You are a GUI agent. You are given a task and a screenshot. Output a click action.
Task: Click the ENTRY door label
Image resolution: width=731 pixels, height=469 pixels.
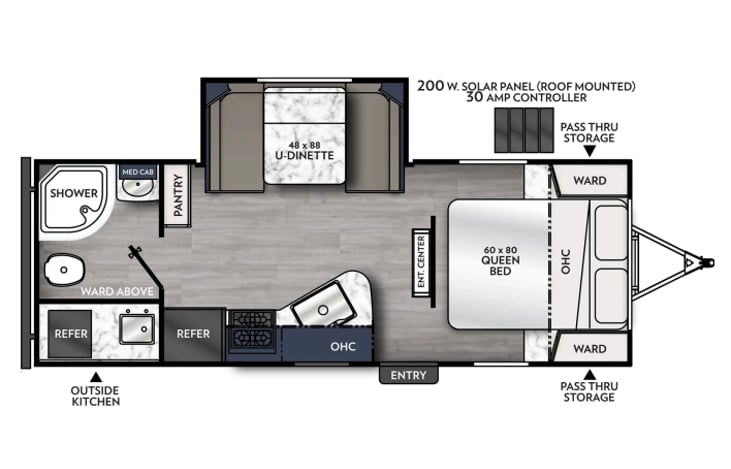point(408,375)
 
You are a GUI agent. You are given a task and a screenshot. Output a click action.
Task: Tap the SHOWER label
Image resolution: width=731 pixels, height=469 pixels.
point(74,193)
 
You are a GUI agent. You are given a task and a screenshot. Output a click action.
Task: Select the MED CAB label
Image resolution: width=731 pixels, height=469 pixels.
point(138,172)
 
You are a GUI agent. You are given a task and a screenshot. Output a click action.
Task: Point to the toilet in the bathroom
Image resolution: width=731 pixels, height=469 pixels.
point(64,269)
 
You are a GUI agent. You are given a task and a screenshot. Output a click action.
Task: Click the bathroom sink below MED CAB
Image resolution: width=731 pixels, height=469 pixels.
point(138,187)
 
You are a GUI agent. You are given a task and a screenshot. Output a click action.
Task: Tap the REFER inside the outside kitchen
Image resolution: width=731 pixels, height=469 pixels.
point(70,334)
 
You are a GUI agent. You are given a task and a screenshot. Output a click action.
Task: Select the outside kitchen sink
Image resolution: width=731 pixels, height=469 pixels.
point(137,329)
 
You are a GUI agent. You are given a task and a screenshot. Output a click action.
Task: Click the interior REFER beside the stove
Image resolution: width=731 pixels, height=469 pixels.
point(193,334)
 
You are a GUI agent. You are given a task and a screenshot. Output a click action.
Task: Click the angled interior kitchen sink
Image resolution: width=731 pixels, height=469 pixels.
point(322,303)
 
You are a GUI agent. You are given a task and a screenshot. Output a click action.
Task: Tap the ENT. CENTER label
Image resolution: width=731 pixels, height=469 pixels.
point(421,262)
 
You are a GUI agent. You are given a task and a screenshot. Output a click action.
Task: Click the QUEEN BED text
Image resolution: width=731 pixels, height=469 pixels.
point(500,265)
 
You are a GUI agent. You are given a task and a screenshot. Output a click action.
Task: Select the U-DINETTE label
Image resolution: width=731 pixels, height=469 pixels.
point(304,155)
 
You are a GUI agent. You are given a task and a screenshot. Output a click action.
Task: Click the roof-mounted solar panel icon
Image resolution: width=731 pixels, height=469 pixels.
point(524,130)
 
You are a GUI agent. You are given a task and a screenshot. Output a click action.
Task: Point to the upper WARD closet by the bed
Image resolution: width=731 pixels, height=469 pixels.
point(590,180)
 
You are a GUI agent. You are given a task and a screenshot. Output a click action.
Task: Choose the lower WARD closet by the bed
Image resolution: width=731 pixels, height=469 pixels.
point(590,348)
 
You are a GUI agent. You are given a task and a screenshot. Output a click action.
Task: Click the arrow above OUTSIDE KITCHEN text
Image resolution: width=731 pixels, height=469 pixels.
point(96,377)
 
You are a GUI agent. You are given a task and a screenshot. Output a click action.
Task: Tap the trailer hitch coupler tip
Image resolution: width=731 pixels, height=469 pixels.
point(710,262)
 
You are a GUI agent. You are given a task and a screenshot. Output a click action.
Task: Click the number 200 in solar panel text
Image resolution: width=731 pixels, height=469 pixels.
point(430,86)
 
